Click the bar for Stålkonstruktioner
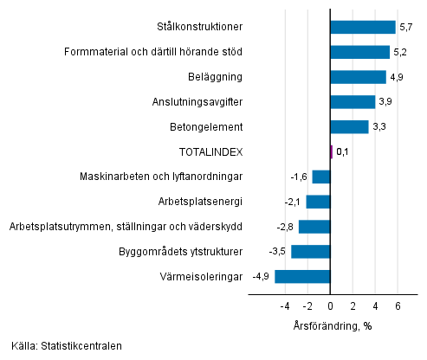coord(363,27)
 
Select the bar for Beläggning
coord(358,77)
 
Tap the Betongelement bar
coord(349,127)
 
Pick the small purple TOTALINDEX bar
coord(331,152)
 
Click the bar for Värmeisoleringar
coord(302,277)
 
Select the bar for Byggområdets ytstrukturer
coord(310,252)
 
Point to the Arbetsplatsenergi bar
coord(318,202)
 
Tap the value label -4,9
coord(261,277)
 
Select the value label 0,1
coord(342,152)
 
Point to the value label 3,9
coord(385,102)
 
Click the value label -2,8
coord(285,227)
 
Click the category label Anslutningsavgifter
coord(197,102)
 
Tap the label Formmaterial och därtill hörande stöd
coord(153,52)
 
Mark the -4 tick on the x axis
coord(284,306)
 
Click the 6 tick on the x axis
coord(398,306)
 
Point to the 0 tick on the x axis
coord(330,306)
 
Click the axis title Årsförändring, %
coord(332,325)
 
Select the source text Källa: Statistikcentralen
coord(67,346)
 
